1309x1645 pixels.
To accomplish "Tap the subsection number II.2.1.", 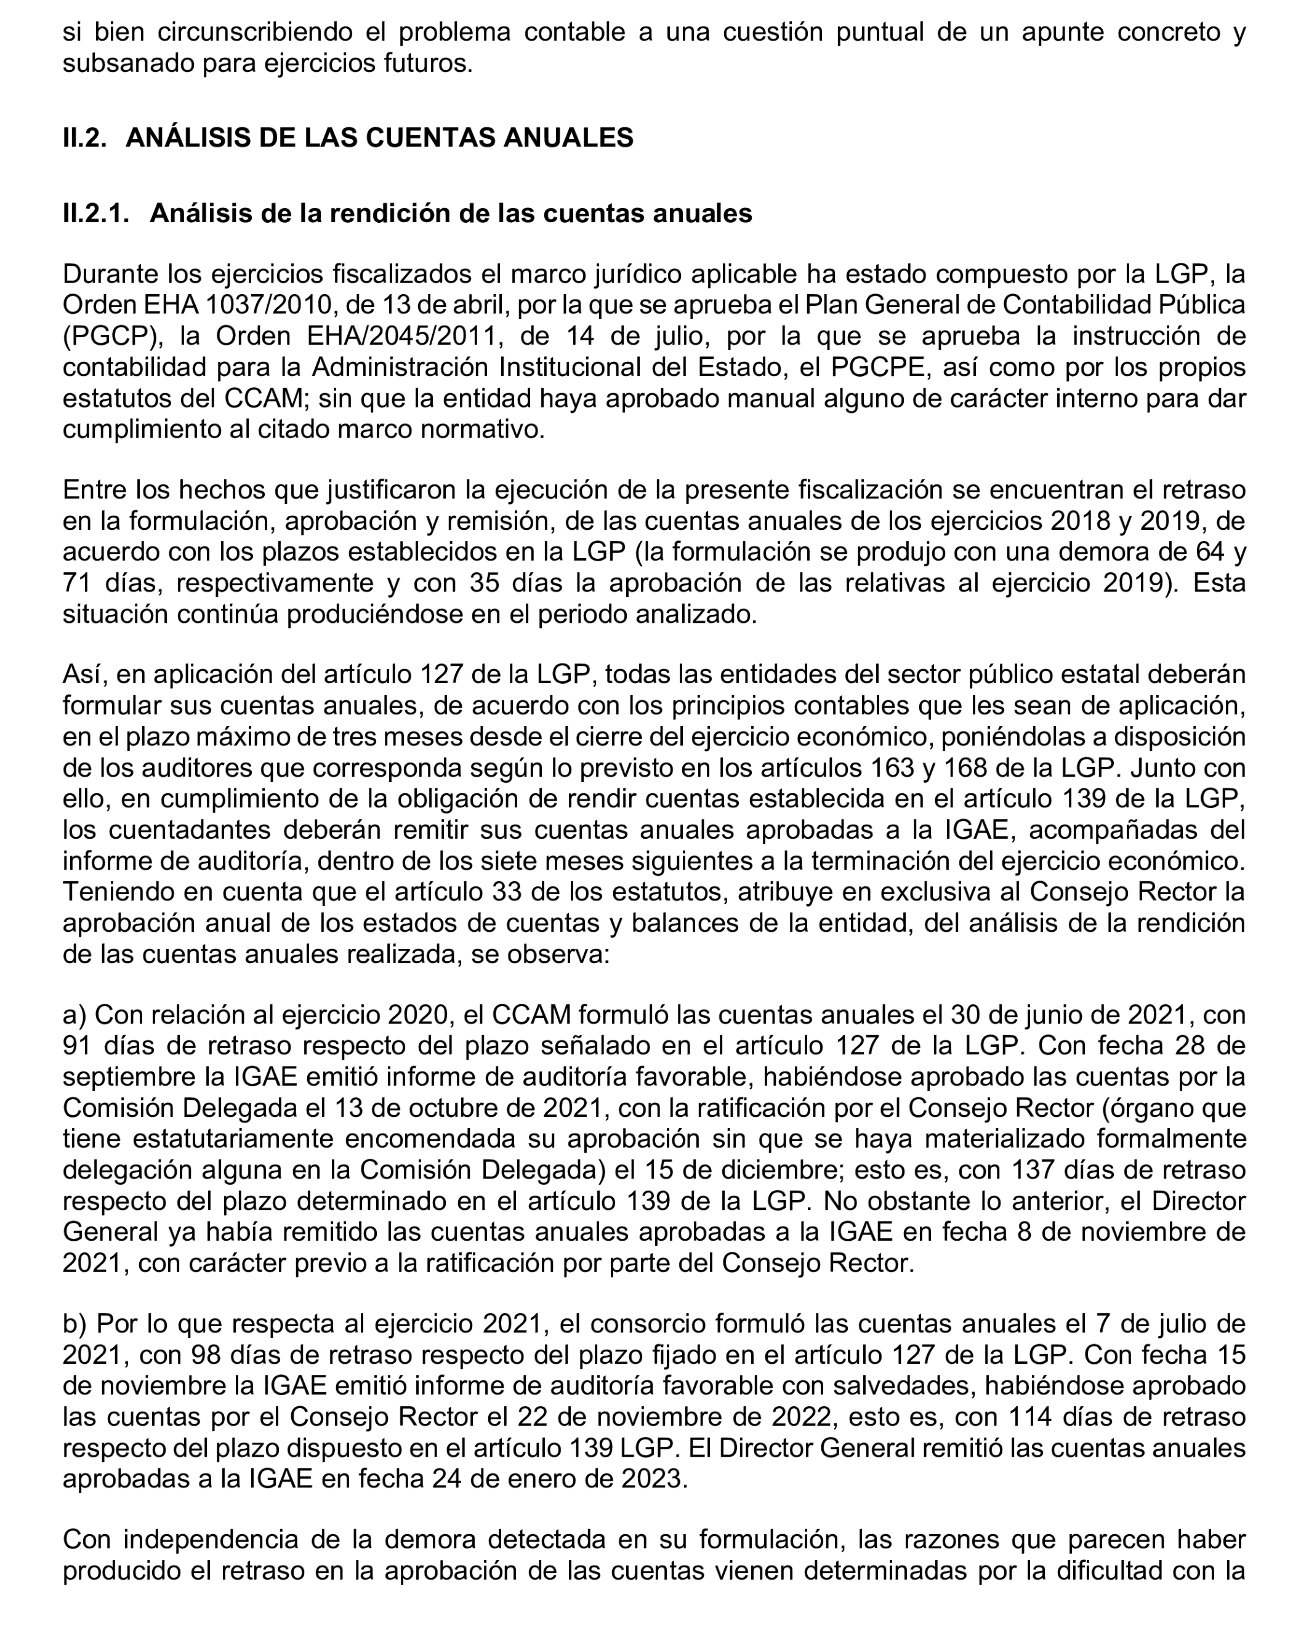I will coord(96,213).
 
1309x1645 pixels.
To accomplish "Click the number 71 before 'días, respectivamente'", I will coord(78,583).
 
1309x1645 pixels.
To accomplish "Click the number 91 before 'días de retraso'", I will coord(78,1046).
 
